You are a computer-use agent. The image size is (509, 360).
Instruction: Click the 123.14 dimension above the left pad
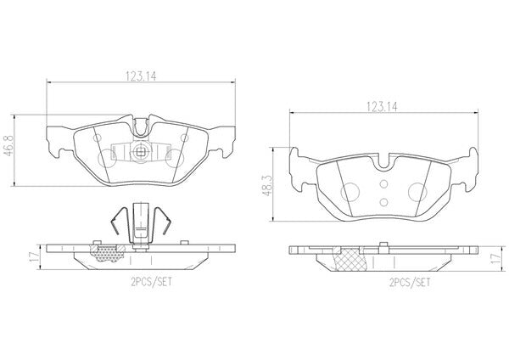pyautogui.click(x=141, y=76)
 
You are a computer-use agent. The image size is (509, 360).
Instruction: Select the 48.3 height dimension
pyautogui.click(x=267, y=187)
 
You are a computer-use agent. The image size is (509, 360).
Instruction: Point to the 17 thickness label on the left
pyautogui.click(x=33, y=256)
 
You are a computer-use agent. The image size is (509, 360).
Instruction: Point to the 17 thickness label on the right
pyautogui.click(x=495, y=258)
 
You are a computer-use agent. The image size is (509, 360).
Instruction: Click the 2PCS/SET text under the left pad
pyautogui.click(x=151, y=282)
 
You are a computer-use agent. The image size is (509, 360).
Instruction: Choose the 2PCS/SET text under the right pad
pyautogui.click(x=410, y=283)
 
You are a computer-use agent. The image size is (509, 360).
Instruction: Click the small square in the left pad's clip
pyautogui.click(x=141, y=151)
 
